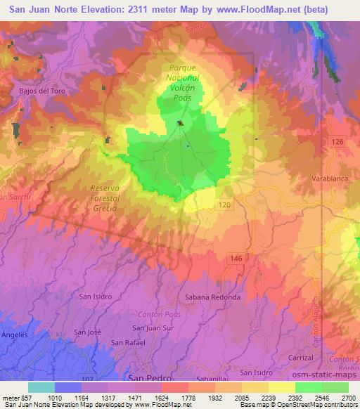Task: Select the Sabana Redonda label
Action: pyautogui.click(x=212, y=297)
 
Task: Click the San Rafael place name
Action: pyautogui.click(x=129, y=342)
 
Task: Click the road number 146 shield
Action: pyautogui.click(x=236, y=259)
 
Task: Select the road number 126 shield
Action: pyautogui.click(x=337, y=143)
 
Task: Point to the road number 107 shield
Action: pyautogui.click(x=85, y=378)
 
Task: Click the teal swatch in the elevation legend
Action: pyautogui.click(x=41, y=387)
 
